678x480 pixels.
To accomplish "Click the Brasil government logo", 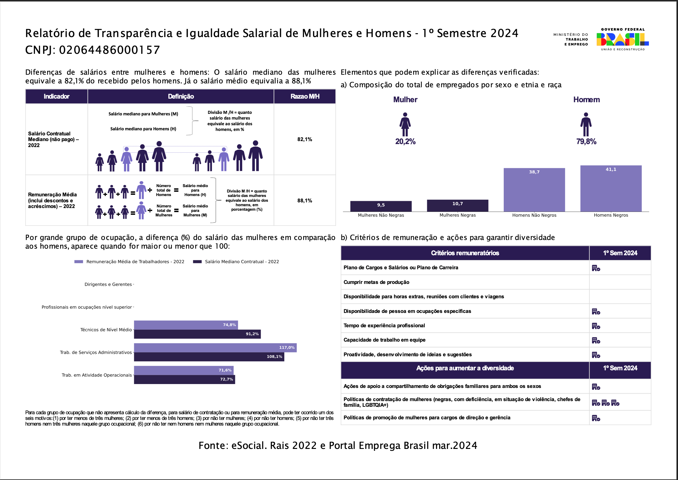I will (622, 39).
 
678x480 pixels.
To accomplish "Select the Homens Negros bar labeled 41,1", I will (611, 189).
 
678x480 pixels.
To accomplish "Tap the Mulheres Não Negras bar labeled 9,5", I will (381, 206).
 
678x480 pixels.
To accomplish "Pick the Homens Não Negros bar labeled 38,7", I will (534, 190).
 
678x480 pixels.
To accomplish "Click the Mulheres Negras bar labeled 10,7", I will (457, 206).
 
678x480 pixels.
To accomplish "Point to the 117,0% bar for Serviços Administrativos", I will (215, 348).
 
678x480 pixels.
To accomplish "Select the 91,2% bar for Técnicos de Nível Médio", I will (197, 334).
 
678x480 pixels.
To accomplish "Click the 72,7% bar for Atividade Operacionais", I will (184, 380).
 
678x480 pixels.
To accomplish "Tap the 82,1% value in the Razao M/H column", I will (305, 139).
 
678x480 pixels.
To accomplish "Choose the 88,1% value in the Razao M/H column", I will (305, 201).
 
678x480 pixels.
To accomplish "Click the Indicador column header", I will (56, 96).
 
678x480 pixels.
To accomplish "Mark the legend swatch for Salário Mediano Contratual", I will (197, 262).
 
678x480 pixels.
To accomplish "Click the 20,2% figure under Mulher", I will (405, 142).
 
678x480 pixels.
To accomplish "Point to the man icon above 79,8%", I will (586, 124).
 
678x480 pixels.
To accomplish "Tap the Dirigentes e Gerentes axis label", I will (108, 284).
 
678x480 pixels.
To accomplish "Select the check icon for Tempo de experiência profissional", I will (596, 326).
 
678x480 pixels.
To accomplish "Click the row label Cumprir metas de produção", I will (376, 282).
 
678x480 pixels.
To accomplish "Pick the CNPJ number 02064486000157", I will (109, 50).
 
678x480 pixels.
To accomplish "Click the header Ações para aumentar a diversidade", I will (465, 368).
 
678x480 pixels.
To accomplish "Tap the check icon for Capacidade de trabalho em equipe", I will (596, 340).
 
